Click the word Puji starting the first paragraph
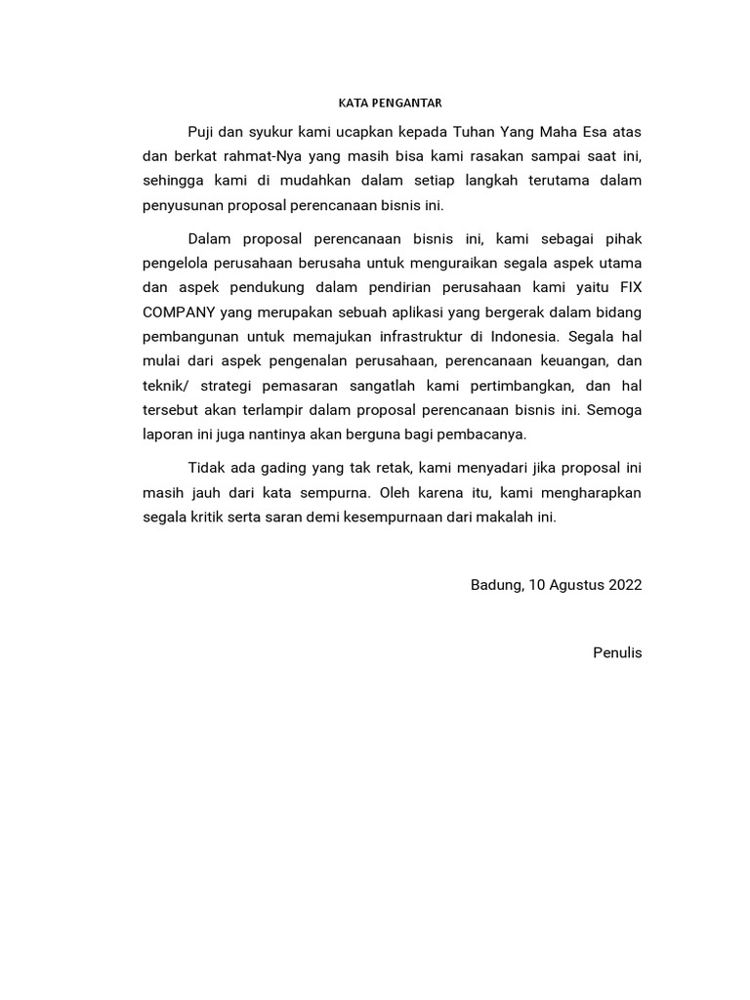(201, 131)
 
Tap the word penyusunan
(182, 206)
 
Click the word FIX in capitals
(628, 288)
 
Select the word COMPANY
(179, 313)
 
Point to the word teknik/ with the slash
(167, 387)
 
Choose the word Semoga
(614, 411)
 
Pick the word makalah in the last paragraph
(501, 518)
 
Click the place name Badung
(495, 585)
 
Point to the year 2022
(626, 585)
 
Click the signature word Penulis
(617, 652)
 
